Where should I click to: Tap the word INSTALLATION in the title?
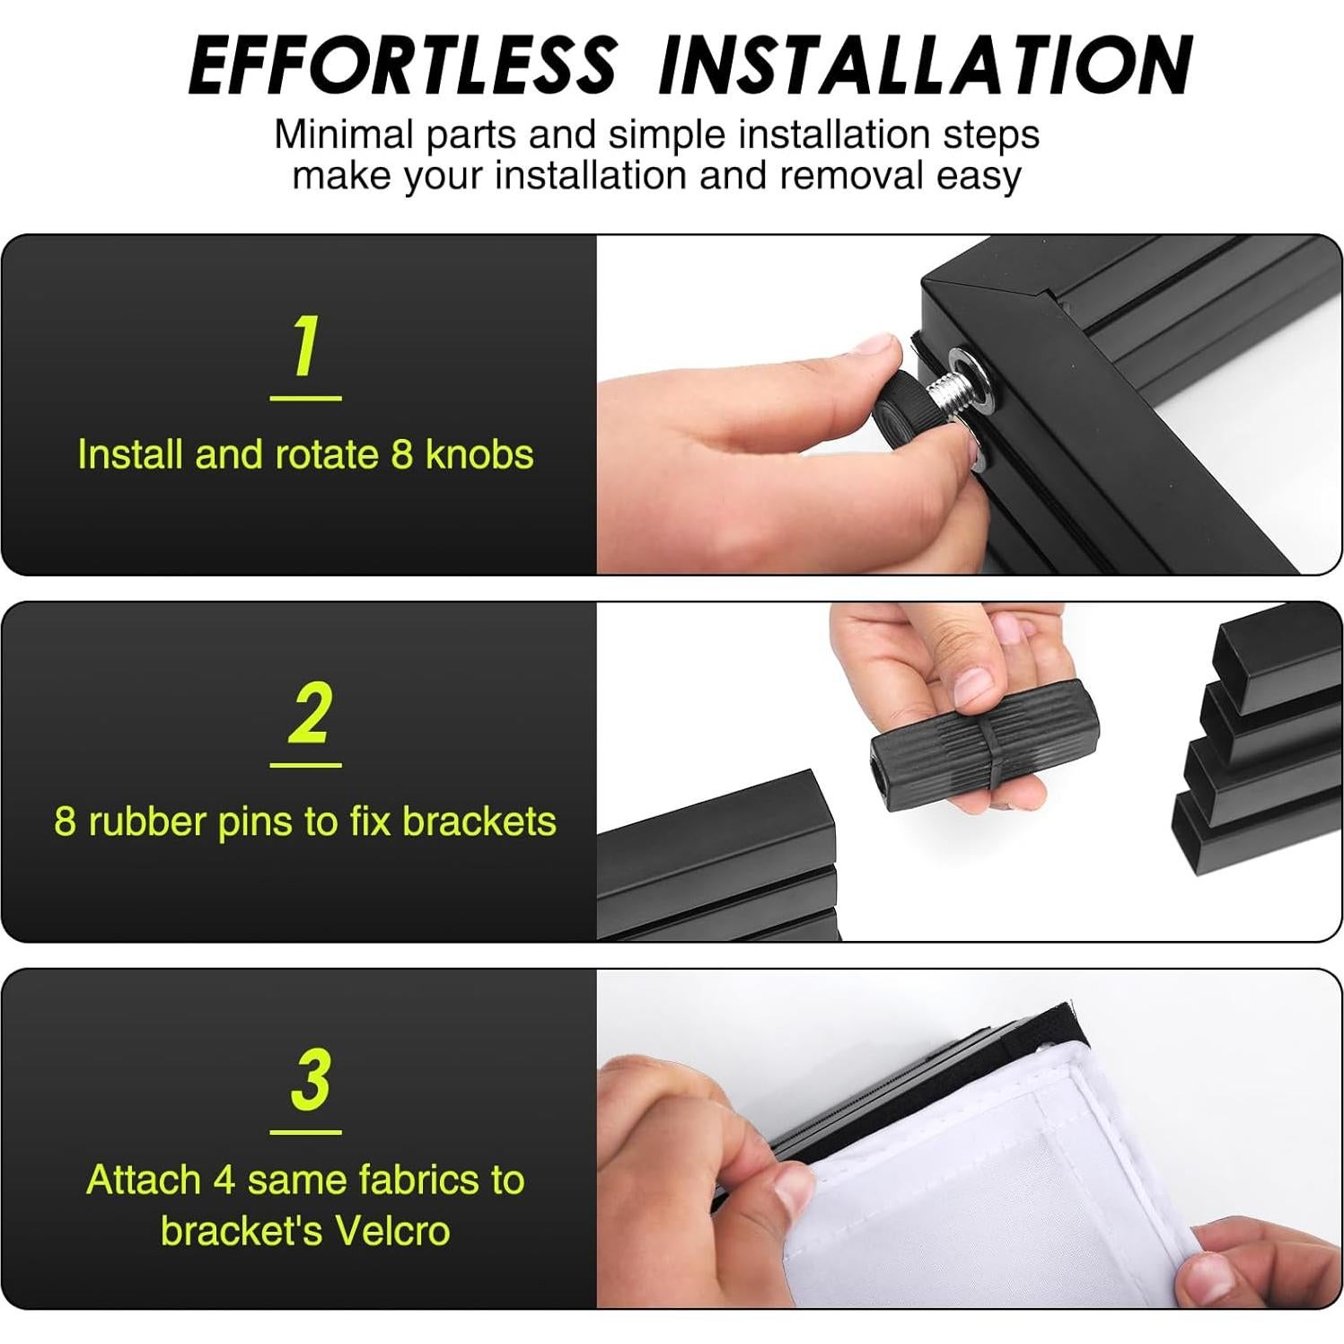tap(925, 65)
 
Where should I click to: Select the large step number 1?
tap(306, 347)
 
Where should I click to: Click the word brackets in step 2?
tap(479, 821)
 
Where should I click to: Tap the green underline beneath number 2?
tap(305, 765)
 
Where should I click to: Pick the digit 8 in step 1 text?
tap(401, 454)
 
